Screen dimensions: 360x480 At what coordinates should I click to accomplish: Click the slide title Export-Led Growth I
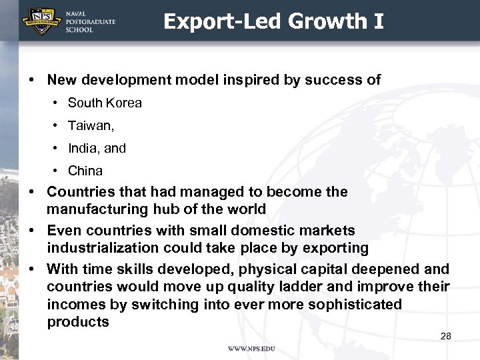click(x=273, y=21)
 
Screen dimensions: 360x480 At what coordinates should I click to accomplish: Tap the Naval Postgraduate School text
click(x=90, y=21)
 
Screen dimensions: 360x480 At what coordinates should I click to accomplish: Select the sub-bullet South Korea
click(x=105, y=103)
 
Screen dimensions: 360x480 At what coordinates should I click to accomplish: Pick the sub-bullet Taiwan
click(x=91, y=126)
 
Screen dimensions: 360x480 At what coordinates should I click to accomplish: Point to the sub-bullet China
click(x=85, y=171)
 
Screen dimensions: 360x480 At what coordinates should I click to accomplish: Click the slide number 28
click(x=446, y=336)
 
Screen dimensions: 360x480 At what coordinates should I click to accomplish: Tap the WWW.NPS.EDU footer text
click(x=251, y=349)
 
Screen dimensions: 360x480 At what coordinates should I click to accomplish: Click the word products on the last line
click(x=78, y=322)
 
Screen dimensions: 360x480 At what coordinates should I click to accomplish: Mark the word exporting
click(x=336, y=248)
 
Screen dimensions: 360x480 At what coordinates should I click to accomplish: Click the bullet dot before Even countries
click(x=31, y=231)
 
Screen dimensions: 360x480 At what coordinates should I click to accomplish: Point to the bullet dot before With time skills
click(x=31, y=269)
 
